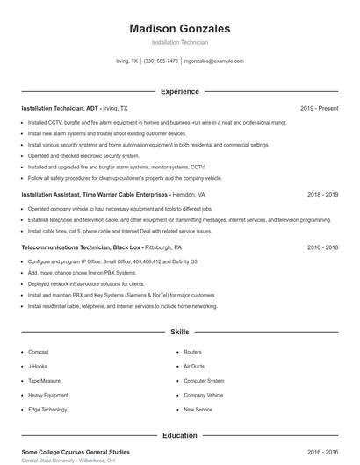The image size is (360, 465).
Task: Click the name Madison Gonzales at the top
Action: click(179, 28)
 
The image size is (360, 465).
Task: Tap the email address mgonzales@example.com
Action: click(214, 61)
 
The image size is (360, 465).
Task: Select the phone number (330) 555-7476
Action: click(161, 61)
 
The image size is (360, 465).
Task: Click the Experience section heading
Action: click(179, 91)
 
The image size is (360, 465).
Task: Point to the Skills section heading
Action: click(179, 333)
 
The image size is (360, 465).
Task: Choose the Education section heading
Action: click(179, 435)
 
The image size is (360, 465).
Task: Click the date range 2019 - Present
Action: click(319, 108)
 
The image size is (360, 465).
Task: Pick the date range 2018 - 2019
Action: click(322, 194)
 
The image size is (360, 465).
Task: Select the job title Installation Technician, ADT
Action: click(61, 108)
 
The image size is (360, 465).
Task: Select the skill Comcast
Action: click(38, 352)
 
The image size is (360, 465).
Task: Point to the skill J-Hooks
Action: click(37, 366)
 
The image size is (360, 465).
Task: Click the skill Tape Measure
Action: click(44, 381)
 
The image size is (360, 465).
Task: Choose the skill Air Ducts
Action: click(193, 366)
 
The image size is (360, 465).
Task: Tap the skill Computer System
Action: click(204, 381)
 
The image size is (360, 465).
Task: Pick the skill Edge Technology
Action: click(47, 410)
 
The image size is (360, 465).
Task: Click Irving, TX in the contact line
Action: click(127, 61)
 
